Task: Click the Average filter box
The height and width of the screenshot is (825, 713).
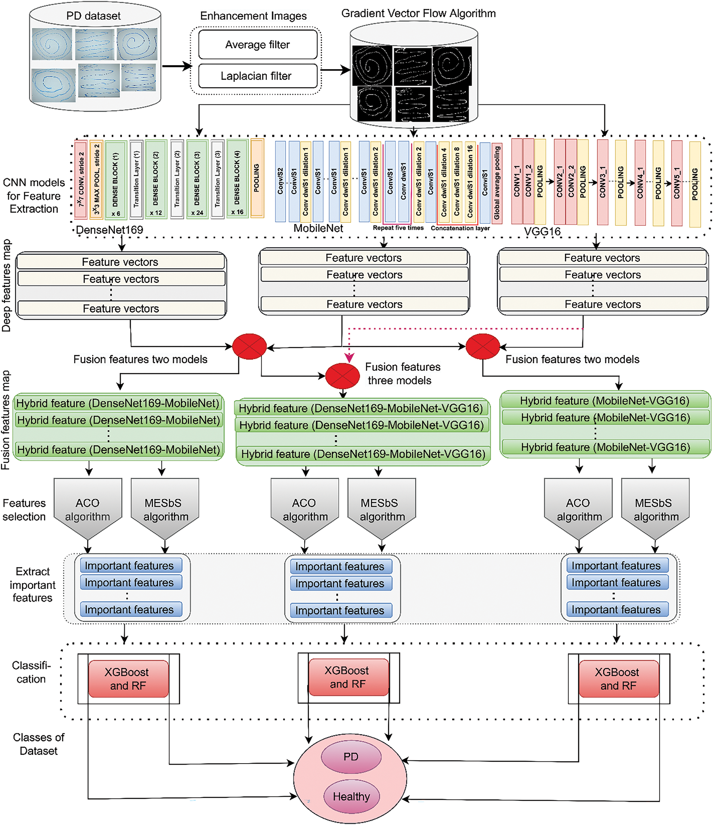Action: (x=258, y=45)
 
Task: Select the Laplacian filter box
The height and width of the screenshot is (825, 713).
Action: (x=258, y=76)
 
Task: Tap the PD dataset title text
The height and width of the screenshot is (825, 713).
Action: (x=93, y=16)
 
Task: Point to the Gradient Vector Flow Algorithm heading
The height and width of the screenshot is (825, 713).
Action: (x=418, y=13)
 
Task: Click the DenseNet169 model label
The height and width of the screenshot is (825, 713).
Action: (x=110, y=230)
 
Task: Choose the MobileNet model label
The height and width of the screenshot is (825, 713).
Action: (x=318, y=228)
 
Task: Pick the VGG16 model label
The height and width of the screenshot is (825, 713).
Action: (x=542, y=231)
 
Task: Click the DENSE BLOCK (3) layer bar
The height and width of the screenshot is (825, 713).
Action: (x=197, y=179)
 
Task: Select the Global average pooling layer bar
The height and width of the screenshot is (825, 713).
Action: (x=496, y=183)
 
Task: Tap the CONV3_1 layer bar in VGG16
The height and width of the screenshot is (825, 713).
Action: (x=602, y=182)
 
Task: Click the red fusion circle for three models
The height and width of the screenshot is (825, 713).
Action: (x=342, y=375)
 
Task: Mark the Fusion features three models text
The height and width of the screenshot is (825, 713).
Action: (x=402, y=374)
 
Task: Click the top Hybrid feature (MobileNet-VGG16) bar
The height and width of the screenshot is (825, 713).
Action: (x=605, y=401)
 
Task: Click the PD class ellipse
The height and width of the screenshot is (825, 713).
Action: (x=351, y=756)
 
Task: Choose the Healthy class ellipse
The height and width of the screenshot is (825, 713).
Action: (x=351, y=796)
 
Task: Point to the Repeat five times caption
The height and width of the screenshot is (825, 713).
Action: (x=398, y=228)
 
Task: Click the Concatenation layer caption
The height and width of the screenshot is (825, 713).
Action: (x=460, y=228)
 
